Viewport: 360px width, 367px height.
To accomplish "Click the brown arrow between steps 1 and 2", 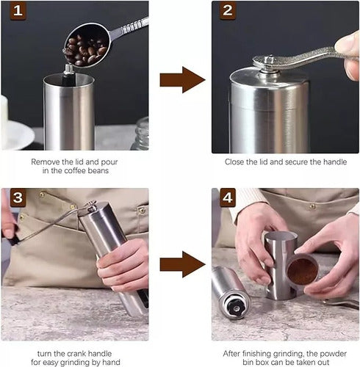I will [181, 79].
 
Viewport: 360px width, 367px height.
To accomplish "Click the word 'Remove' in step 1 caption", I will [46, 160].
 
